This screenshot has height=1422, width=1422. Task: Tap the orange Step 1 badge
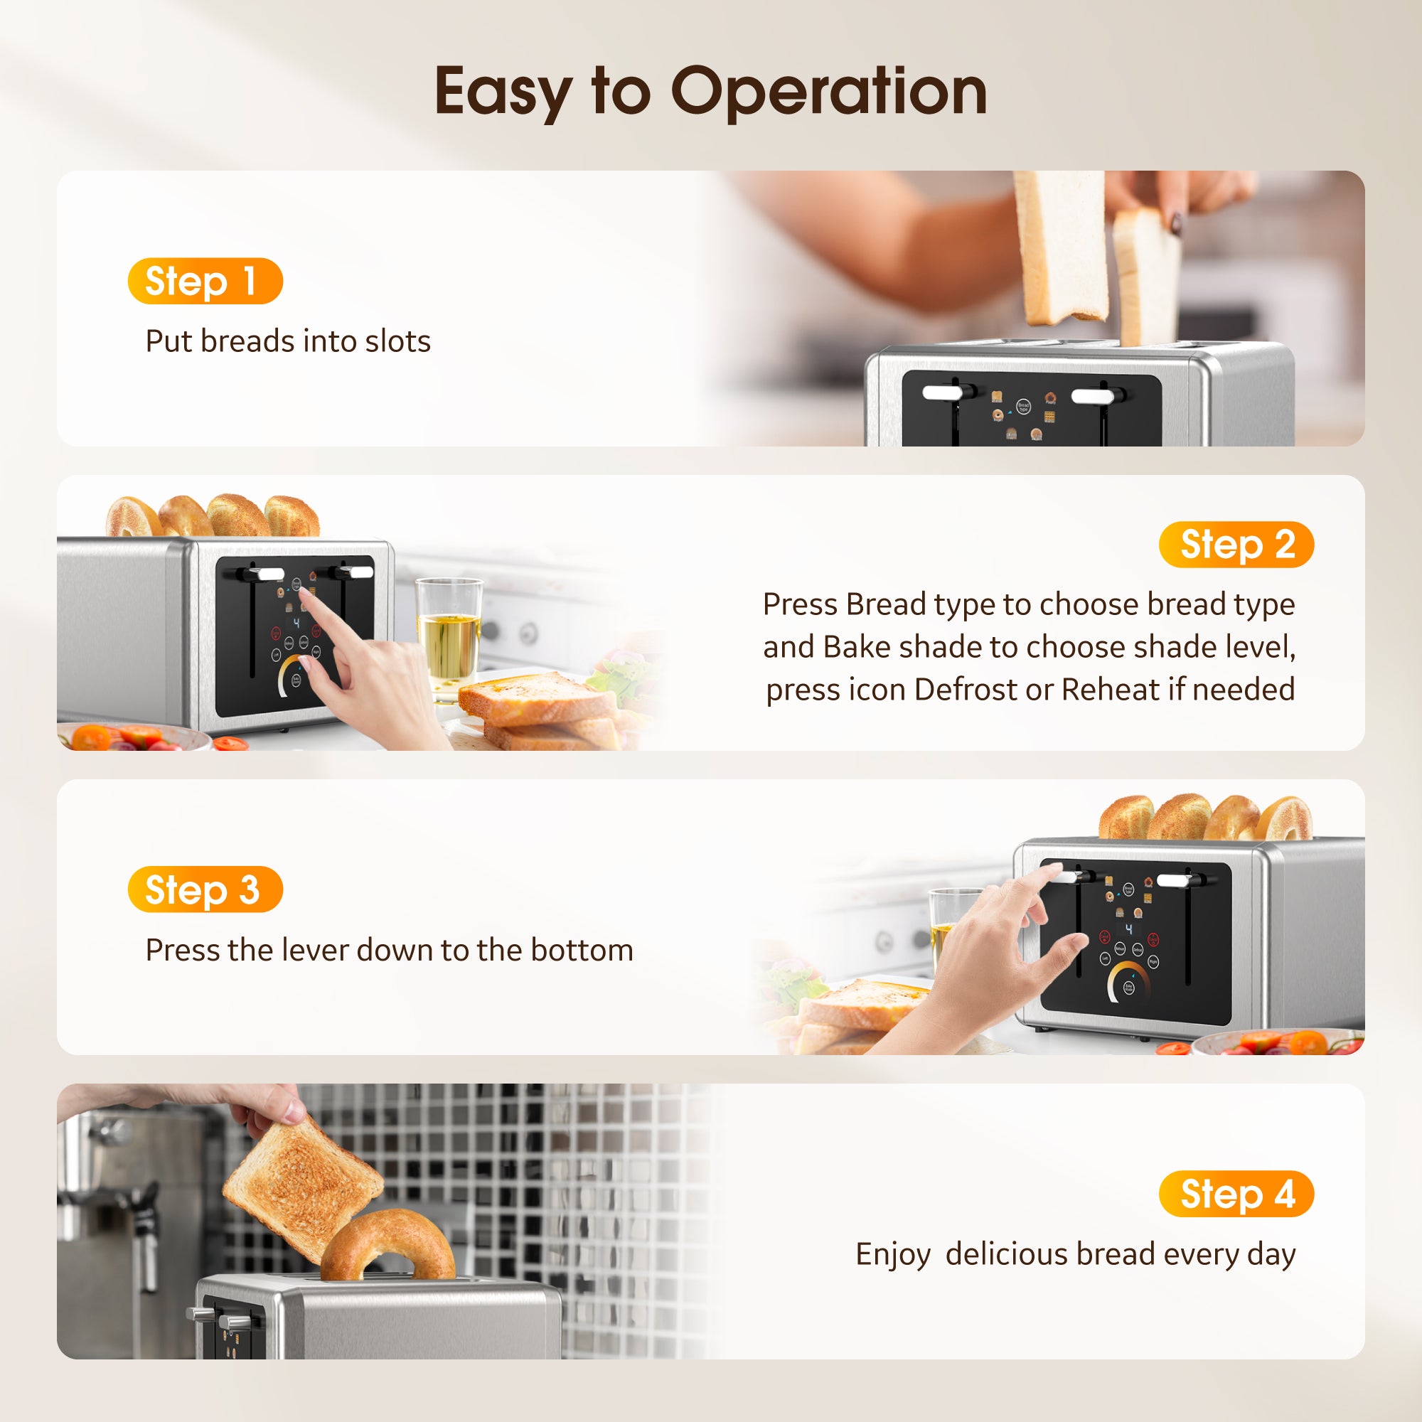[x=205, y=281]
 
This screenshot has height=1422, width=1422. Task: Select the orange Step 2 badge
[x=1236, y=545]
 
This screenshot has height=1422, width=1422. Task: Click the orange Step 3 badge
[x=205, y=889]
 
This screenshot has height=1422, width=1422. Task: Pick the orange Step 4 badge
[x=1236, y=1194]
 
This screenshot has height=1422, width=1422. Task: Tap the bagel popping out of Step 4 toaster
[x=388, y=1244]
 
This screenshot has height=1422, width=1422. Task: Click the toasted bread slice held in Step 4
[x=301, y=1185]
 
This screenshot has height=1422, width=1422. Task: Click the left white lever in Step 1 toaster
[x=942, y=394]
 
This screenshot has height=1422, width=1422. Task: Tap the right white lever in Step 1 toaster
[x=1093, y=397]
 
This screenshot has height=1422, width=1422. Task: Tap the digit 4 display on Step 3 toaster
[x=1128, y=930]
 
